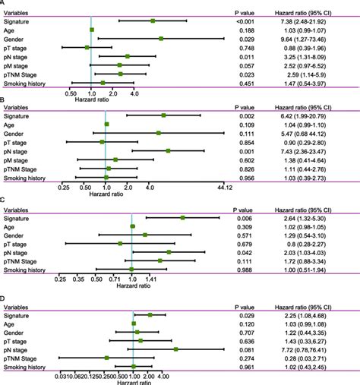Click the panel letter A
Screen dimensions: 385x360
(4, 3)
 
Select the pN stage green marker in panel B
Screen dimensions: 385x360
(168, 150)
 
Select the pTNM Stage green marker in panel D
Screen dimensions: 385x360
(107, 357)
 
